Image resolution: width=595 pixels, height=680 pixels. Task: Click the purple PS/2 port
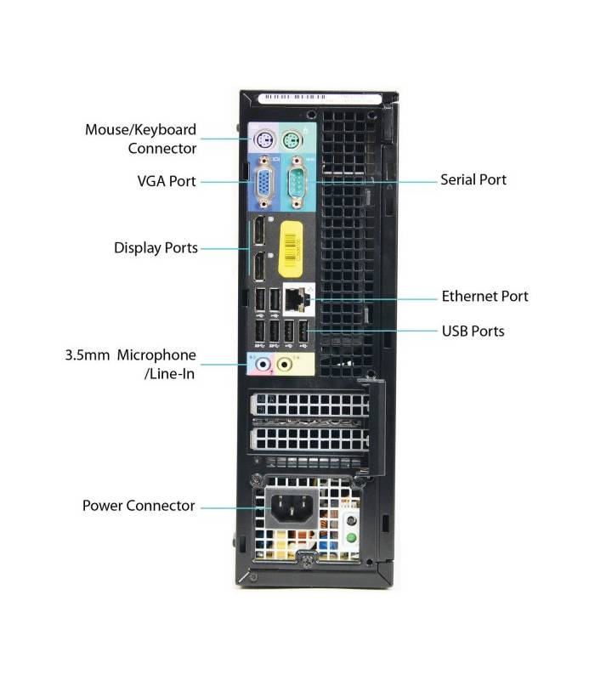263,140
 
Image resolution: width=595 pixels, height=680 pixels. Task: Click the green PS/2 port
292,140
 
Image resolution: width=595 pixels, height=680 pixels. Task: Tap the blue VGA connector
264,183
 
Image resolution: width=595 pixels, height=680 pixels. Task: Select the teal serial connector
297,183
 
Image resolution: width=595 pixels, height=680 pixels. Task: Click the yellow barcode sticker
291,249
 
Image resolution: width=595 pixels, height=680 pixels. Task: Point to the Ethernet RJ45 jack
297,299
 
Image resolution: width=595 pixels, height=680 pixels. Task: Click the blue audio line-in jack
262,365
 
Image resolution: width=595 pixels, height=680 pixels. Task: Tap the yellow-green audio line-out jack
284,365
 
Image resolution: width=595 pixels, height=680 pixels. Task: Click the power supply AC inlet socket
292,507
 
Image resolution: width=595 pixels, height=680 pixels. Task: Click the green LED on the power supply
351,538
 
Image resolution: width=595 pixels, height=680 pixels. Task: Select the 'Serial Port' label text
473,179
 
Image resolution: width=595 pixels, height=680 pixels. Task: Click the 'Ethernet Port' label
484,296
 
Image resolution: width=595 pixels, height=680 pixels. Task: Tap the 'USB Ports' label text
473,331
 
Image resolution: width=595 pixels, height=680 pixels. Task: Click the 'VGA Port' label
167,181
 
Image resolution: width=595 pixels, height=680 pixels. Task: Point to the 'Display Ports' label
156,248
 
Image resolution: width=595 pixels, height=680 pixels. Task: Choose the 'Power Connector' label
139,506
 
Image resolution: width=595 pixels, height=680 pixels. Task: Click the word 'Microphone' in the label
156,355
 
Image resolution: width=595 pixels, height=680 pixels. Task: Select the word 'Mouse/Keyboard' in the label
140,130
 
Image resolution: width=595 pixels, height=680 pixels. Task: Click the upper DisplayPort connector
259,230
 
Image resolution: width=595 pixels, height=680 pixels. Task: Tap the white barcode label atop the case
320,98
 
